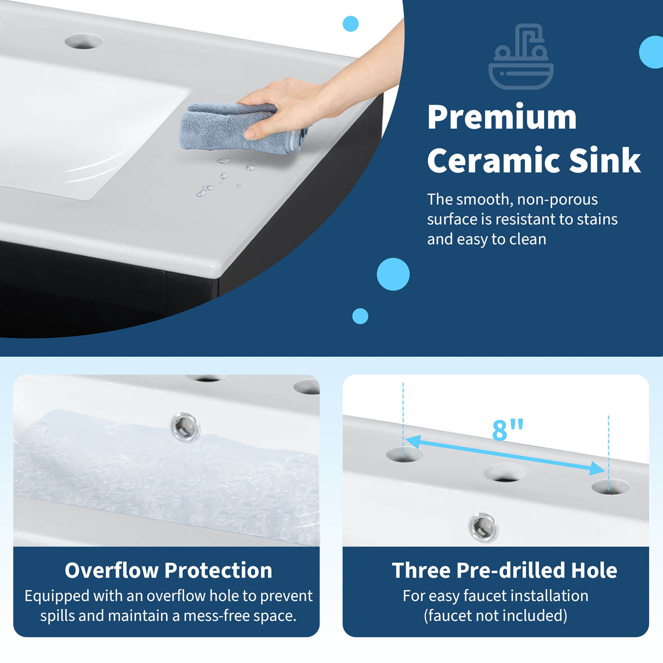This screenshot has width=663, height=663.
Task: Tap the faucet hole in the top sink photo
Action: [x=84, y=42]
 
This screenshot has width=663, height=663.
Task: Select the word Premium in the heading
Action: [x=502, y=118]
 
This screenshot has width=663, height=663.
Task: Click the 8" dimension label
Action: [x=507, y=430]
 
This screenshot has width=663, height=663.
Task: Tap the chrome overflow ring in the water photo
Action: [x=185, y=426]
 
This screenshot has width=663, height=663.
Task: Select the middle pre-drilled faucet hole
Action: [x=505, y=474]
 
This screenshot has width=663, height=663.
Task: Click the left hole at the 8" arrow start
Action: [x=404, y=455]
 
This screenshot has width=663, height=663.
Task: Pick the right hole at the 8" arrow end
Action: [x=610, y=487]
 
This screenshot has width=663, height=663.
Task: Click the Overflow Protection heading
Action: [x=168, y=570]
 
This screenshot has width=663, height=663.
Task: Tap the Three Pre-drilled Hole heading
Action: [x=504, y=570]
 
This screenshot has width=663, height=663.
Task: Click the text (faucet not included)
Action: [x=495, y=616]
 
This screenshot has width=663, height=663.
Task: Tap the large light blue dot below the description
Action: [x=393, y=274]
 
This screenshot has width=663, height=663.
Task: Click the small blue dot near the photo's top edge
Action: [x=351, y=24]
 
